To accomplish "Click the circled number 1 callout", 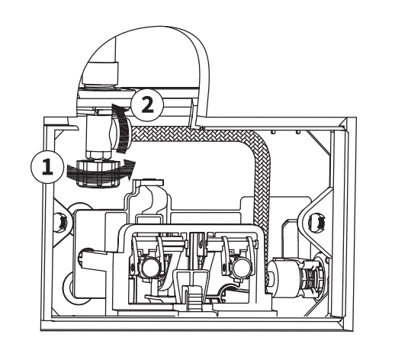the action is pyautogui.click(x=47, y=167).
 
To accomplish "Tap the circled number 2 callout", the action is pyautogui.click(x=147, y=104).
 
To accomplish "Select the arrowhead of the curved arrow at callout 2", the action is pyautogui.click(x=119, y=108).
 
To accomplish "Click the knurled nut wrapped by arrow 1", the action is pyautogui.click(x=98, y=174).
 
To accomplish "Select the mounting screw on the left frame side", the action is pyautogui.click(x=61, y=222).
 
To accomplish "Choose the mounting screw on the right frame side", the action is pyautogui.click(x=317, y=222).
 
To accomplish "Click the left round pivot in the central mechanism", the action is pyautogui.click(x=150, y=268).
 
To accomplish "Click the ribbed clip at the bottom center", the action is pyautogui.click(x=195, y=300).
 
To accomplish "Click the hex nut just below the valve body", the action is pyautogui.click(x=98, y=155).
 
